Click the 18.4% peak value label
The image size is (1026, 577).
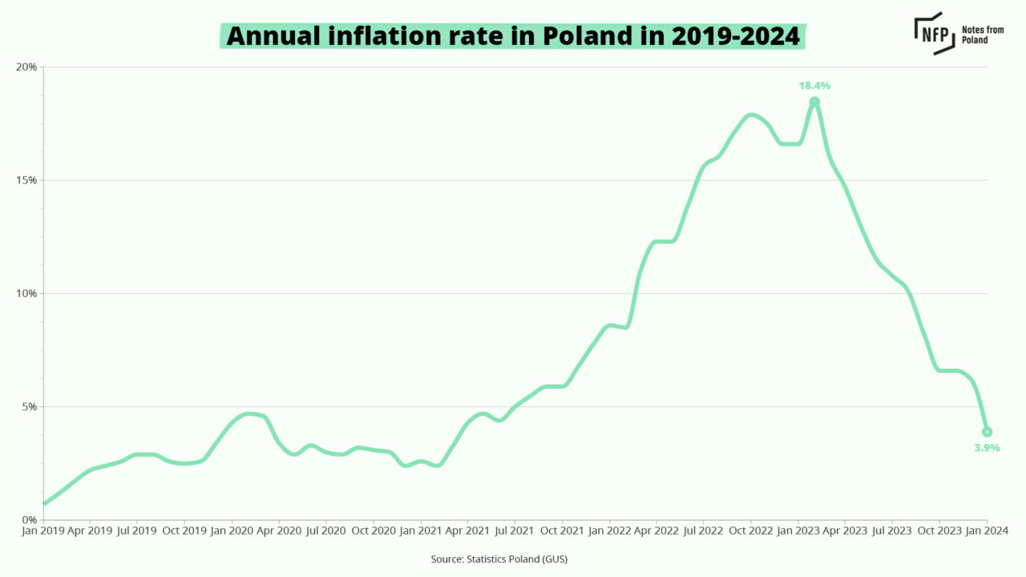(814, 85)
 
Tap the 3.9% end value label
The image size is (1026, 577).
(987, 448)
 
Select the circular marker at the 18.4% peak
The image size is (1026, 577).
(814, 102)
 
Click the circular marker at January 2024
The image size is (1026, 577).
(987, 432)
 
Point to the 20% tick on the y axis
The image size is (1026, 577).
(26, 67)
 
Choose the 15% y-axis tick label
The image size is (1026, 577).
(26, 180)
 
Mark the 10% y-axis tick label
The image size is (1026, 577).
(26, 293)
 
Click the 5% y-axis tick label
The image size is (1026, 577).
(29, 407)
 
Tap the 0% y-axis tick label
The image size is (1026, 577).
(29, 520)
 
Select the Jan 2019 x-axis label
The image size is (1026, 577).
(42, 531)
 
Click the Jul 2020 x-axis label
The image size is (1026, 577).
(325, 531)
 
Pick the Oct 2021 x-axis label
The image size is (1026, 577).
(561, 531)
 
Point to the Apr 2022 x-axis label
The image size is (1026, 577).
(656, 531)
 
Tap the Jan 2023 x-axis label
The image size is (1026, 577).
(797, 531)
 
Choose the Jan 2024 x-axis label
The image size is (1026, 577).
(985, 531)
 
